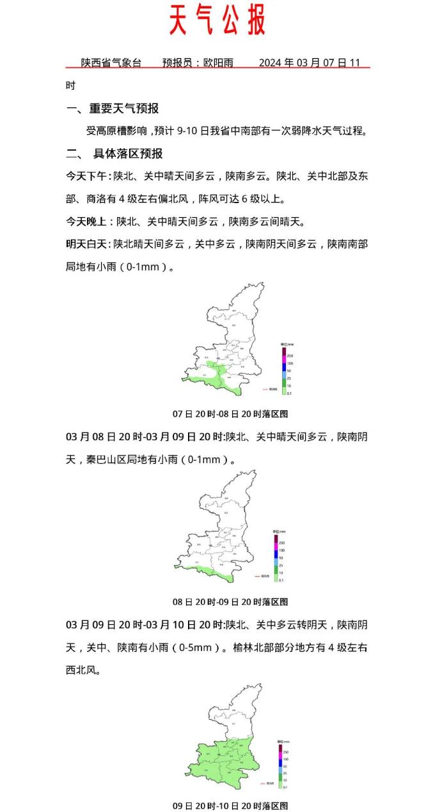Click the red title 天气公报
(x=217, y=21)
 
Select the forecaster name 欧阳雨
(x=218, y=63)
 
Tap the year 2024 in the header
(x=270, y=63)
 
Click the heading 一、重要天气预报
(x=113, y=108)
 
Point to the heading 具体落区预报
(x=128, y=153)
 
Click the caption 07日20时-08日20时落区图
(x=230, y=414)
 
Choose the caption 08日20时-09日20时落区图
(x=230, y=602)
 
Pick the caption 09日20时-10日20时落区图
(x=230, y=806)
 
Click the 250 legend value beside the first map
(x=290, y=355)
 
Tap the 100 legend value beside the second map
(x=281, y=550)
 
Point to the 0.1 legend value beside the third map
(x=285, y=787)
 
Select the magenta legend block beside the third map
(x=279, y=759)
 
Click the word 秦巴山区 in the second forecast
(x=107, y=459)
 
